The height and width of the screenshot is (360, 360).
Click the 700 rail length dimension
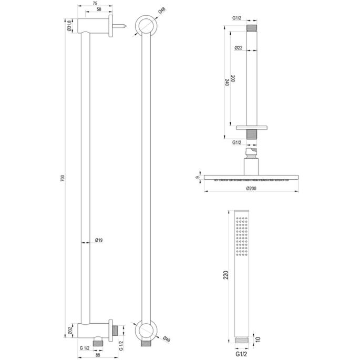[63, 179]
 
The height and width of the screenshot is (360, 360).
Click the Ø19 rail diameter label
[98, 240]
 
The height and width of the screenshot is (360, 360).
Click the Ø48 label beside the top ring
[161, 11]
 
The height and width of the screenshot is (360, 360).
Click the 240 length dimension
[226, 83]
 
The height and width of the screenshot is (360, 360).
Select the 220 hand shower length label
[227, 277]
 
